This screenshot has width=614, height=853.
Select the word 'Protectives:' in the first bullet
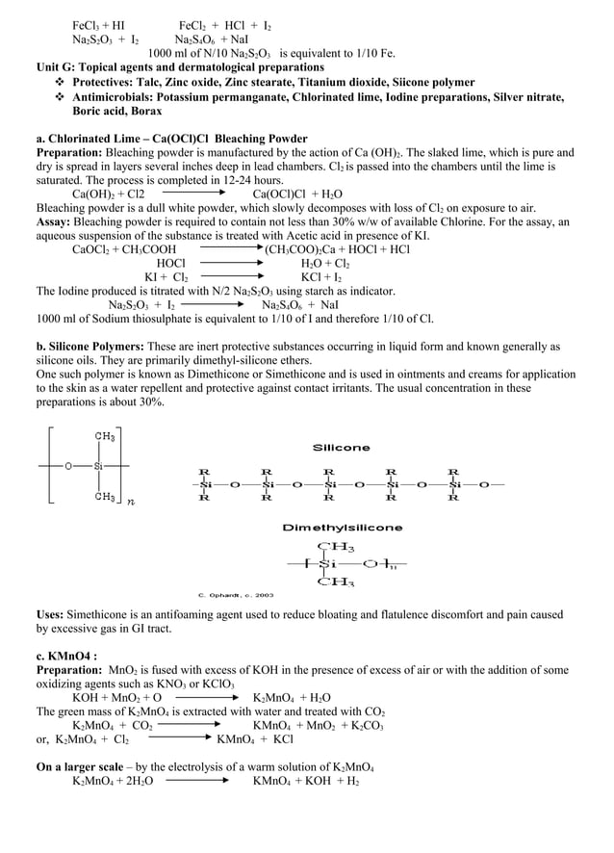coord(104,83)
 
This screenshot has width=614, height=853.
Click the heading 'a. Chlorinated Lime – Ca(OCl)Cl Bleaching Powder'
coord(171,139)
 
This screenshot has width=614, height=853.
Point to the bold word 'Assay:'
coord(54,221)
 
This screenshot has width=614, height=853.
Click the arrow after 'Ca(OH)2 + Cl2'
coord(198,194)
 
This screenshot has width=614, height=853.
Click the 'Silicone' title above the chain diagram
coord(341,448)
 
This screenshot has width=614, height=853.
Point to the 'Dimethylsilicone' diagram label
coord(342,528)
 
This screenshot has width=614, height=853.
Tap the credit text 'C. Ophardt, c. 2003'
coord(236,594)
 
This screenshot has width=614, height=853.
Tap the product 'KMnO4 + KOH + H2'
coord(305,782)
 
